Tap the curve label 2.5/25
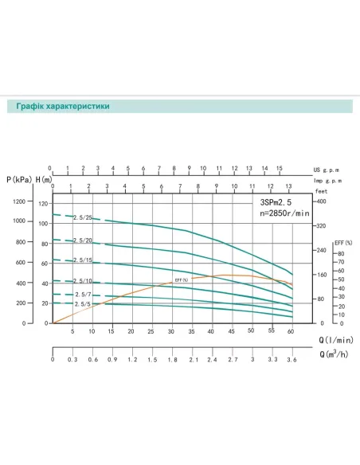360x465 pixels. [84, 218]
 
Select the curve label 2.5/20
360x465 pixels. [84, 240]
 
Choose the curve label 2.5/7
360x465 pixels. [82, 295]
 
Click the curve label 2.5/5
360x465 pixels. [82, 304]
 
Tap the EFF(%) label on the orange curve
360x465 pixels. [181, 280]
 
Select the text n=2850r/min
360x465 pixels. [280, 215]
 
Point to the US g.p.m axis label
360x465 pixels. [328, 169]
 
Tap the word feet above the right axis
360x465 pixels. [321, 192]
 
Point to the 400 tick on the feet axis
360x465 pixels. [323, 202]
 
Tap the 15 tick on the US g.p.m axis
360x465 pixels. [279, 169]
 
